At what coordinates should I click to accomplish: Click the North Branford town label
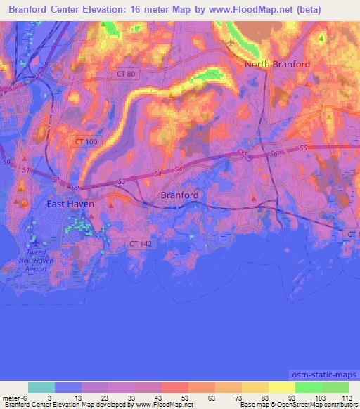coord(277,65)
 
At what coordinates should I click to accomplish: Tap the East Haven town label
coord(70,204)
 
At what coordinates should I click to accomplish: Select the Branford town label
coord(180,195)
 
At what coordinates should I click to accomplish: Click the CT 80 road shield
coord(126,73)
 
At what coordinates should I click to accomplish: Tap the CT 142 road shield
coord(139,243)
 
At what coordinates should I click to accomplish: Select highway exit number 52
coord(75,188)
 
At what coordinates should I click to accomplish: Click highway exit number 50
coord(6,162)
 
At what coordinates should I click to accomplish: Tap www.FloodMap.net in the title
coord(252,10)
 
